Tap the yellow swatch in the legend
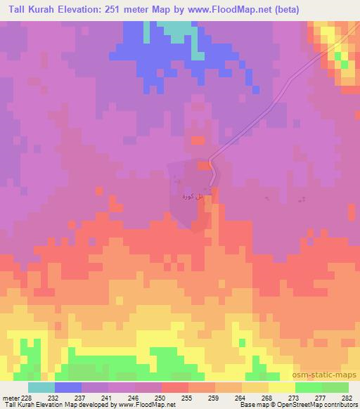click(282, 387)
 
